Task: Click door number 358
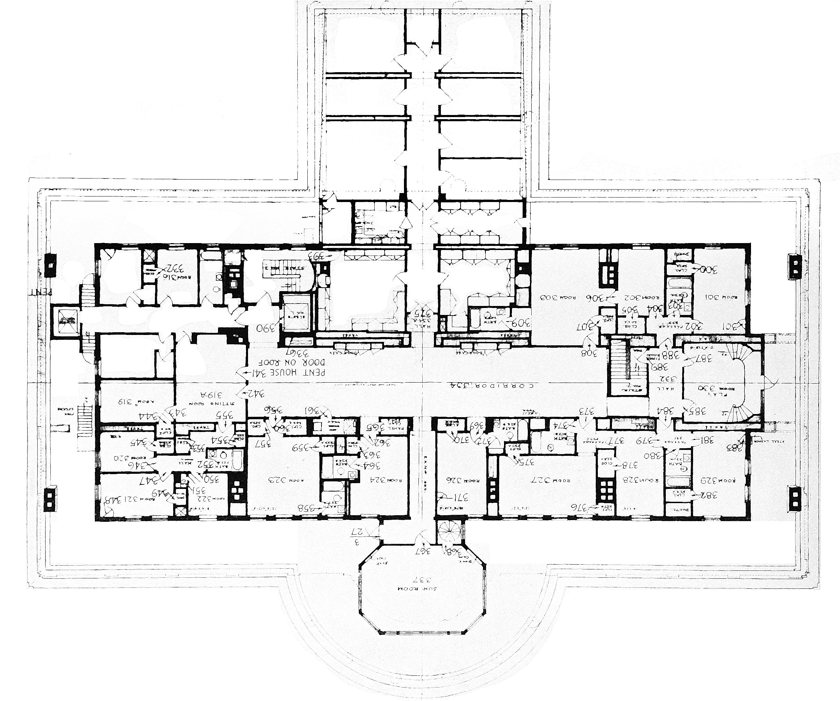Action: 310,508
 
